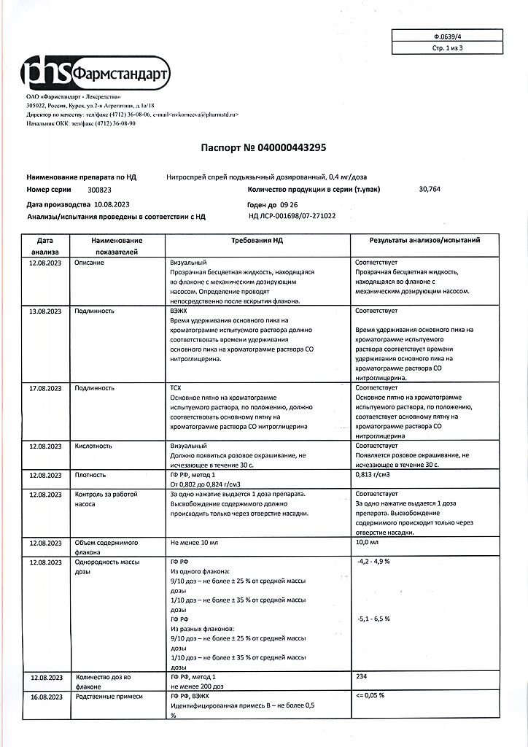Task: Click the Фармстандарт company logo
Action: click(x=96, y=74)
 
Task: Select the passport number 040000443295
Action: click(x=285, y=147)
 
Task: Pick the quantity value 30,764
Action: click(x=430, y=190)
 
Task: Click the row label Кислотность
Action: click(x=93, y=445)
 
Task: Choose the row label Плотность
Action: click(x=91, y=475)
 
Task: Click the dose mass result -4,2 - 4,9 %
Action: click(x=374, y=562)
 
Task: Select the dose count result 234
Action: click(x=361, y=676)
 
